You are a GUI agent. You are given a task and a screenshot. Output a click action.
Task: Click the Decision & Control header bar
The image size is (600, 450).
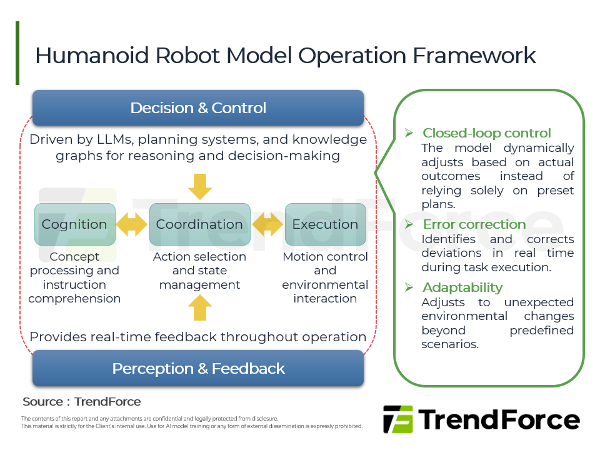click(x=197, y=107)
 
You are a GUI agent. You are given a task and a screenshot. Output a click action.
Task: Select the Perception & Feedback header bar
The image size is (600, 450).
click(x=197, y=368)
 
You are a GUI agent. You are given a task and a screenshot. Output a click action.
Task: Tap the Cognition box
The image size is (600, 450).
click(x=74, y=224)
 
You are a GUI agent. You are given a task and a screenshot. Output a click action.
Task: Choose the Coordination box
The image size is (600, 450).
click(x=199, y=224)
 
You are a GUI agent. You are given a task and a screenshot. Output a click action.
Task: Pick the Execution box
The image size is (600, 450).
click(x=325, y=224)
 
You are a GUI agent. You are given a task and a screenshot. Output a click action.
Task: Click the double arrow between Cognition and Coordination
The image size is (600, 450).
click(x=132, y=224)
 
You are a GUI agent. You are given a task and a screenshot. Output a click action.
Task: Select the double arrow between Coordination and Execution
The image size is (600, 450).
click(x=267, y=224)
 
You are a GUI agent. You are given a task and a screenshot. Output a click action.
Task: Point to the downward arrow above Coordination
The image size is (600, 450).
click(x=200, y=186)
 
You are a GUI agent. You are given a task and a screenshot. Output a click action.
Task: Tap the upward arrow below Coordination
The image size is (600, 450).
click(x=200, y=308)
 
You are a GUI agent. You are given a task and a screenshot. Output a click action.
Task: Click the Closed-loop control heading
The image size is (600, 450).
click(x=486, y=133)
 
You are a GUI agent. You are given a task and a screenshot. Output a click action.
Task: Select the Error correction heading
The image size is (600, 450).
click(x=474, y=224)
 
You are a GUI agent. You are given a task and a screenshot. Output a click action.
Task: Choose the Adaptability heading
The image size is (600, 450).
click(x=462, y=287)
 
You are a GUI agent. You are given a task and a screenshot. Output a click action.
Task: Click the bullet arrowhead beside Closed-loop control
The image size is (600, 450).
click(x=409, y=133)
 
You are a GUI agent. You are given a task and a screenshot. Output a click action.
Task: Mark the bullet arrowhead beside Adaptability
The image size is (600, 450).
click(x=409, y=287)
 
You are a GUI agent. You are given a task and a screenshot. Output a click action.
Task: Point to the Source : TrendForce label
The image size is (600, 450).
click(x=81, y=401)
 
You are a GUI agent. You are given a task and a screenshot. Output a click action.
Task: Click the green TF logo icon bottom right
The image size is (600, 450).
click(x=397, y=419)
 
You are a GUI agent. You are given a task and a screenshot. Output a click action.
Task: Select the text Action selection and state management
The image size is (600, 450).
click(x=199, y=271)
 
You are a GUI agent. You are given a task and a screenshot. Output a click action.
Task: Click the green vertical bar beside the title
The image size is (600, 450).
click(x=17, y=53)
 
